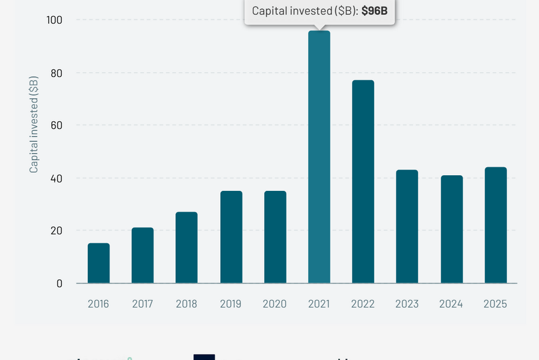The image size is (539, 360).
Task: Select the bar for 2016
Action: coord(99,263)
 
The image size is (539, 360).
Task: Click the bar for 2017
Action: coord(143,255)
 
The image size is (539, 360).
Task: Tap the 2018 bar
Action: coord(186,247)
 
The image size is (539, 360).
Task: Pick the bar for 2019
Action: coord(231,237)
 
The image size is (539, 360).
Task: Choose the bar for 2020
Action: coord(275,237)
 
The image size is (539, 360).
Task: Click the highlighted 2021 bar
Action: coord(319,157)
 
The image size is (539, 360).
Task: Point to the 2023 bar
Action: coord(407,226)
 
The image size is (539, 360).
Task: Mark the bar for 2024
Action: coord(452,229)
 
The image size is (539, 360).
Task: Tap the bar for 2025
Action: coord(496,225)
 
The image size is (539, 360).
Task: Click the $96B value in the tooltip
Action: coord(374,11)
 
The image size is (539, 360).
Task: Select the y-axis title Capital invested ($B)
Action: coord(34,125)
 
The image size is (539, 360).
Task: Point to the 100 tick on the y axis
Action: coord(54,20)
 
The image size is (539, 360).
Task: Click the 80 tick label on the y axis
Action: coord(56,73)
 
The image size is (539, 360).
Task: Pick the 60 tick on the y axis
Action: coord(56,125)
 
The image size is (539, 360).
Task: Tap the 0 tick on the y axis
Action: coord(59,283)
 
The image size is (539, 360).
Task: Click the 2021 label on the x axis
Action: coord(319,303)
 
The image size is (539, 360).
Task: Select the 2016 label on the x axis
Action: coord(99,303)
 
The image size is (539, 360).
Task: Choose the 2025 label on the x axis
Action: coord(495,303)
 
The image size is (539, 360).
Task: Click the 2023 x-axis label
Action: coord(407,303)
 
